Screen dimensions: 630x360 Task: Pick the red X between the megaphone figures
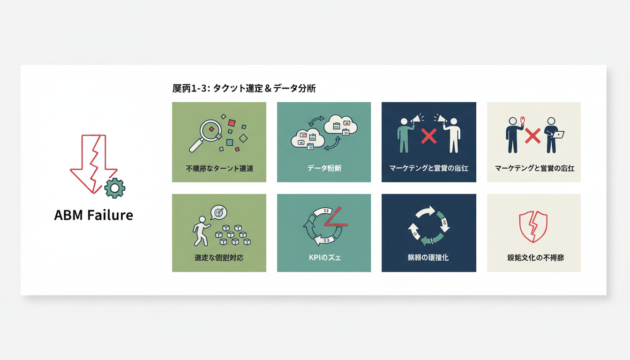tap(428, 136)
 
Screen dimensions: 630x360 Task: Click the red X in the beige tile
tap(533, 136)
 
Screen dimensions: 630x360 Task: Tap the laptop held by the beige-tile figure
tap(558, 135)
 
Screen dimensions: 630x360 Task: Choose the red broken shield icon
tap(533, 226)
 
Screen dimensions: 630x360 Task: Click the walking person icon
tap(201, 231)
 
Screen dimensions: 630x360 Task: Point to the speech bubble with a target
tap(218, 212)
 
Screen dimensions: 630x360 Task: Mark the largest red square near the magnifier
tap(232, 123)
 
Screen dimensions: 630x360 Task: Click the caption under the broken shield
tap(533, 257)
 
